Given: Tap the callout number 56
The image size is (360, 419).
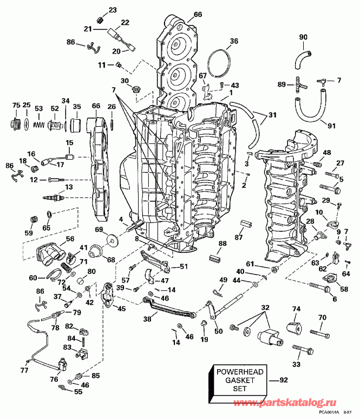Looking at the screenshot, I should [70, 239].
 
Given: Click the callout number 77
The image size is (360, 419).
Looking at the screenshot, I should [23, 371].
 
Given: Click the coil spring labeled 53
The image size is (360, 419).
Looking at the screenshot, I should [38, 123].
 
